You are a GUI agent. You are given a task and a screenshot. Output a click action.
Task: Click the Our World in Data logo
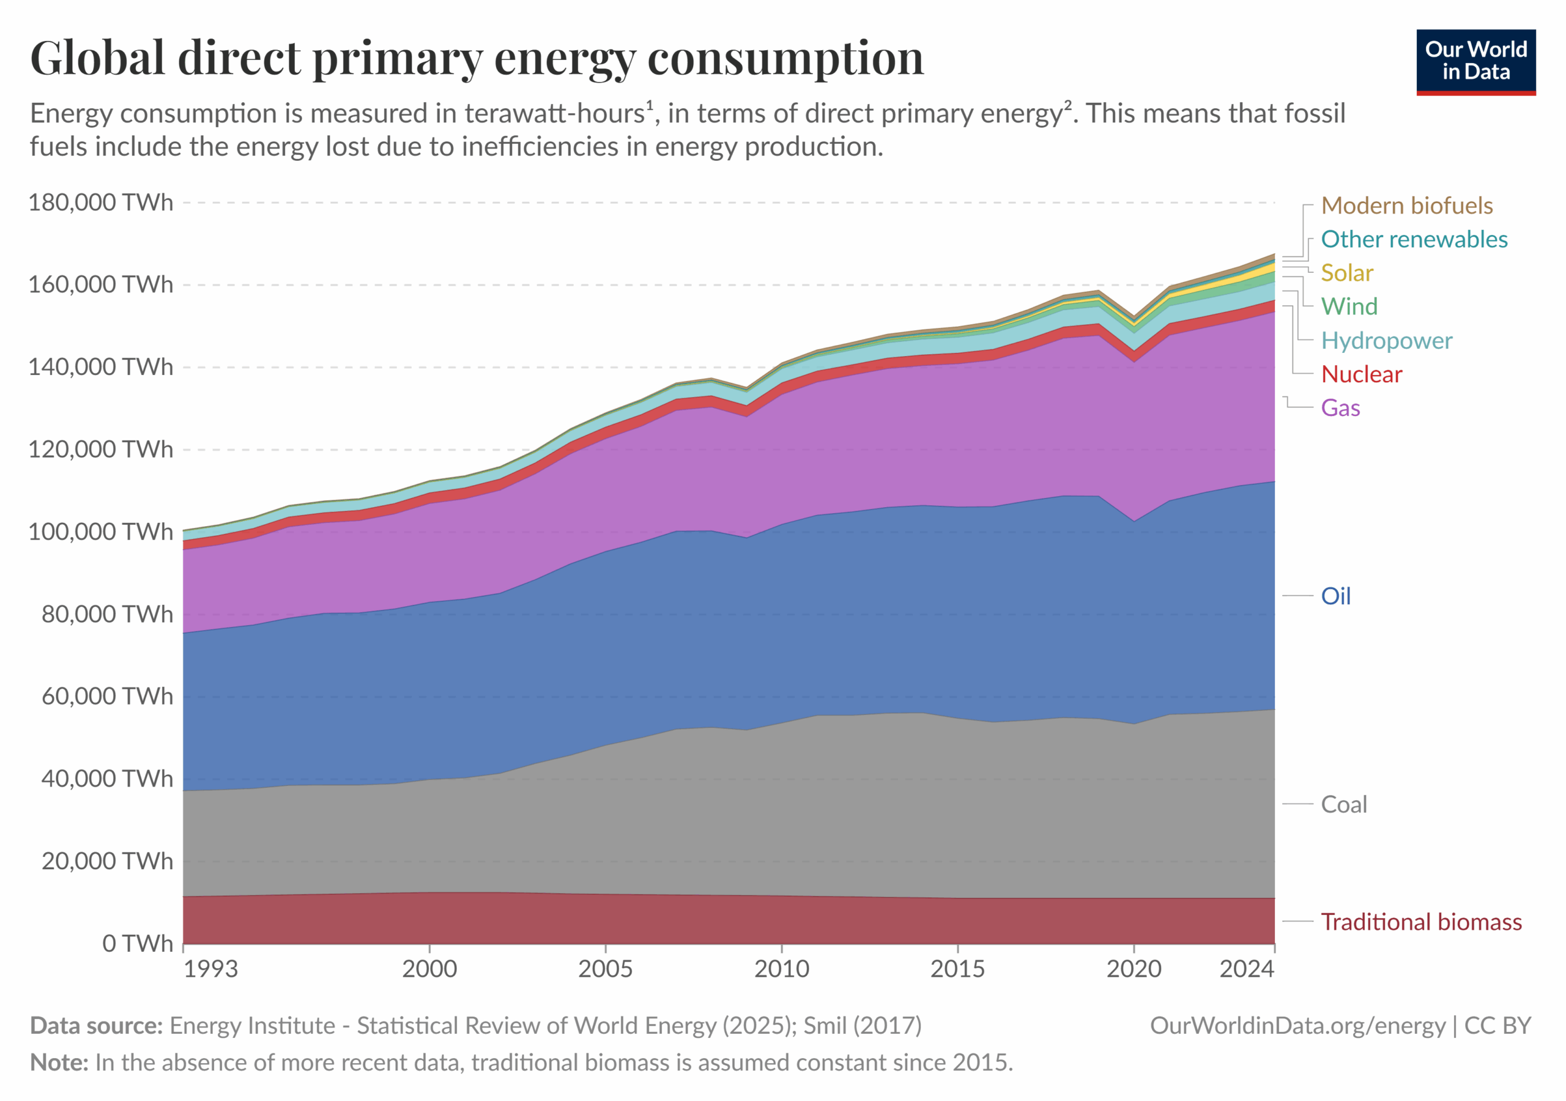pyautogui.click(x=1475, y=61)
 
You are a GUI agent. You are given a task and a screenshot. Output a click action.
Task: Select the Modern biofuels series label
pyautogui.click(x=1406, y=206)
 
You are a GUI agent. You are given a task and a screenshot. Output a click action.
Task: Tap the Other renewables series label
pyautogui.click(x=1414, y=239)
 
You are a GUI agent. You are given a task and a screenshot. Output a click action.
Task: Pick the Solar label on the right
pyautogui.click(x=1346, y=273)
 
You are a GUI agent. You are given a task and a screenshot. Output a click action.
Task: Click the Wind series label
pyautogui.click(x=1349, y=306)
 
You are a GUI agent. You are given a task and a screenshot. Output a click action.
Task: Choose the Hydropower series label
pyautogui.click(x=1386, y=341)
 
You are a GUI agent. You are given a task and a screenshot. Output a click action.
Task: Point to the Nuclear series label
pyautogui.click(x=1362, y=374)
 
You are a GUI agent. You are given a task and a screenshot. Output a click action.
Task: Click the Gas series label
pyautogui.click(x=1340, y=408)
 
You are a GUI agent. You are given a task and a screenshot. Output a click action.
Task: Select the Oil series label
pyautogui.click(x=1335, y=596)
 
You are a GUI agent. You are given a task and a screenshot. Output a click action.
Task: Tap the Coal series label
pyautogui.click(x=1344, y=804)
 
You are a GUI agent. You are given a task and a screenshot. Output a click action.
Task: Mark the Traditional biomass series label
pyautogui.click(x=1421, y=922)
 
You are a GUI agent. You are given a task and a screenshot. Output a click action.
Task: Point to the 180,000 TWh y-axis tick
pyautogui.click(x=101, y=202)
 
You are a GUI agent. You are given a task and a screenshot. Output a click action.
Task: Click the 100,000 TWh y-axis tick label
pyautogui.click(x=101, y=532)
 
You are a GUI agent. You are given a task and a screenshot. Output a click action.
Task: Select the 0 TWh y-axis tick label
pyautogui.click(x=138, y=943)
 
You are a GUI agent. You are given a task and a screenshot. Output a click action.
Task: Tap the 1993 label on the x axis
pyautogui.click(x=211, y=969)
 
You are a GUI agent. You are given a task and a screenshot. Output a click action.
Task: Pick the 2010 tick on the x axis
pyautogui.click(x=782, y=969)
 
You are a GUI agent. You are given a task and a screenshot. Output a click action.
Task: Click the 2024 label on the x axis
pyautogui.click(x=1247, y=969)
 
